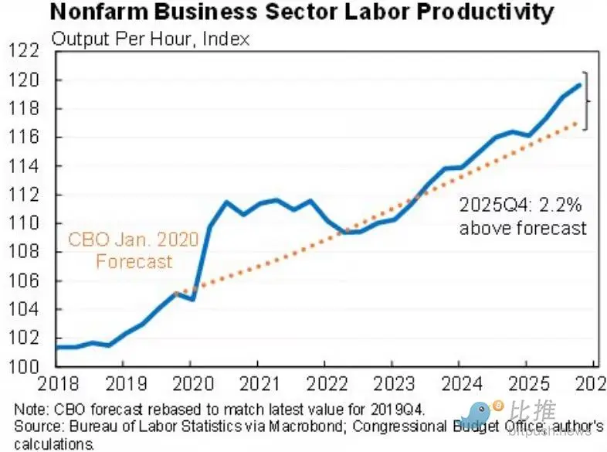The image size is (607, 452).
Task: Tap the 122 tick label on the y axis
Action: click(x=25, y=52)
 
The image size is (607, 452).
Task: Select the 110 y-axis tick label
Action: click(x=25, y=224)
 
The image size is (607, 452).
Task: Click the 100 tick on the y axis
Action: click(x=25, y=367)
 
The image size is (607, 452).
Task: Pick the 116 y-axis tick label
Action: click(x=25, y=138)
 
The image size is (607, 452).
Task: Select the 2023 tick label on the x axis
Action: click(x=392, y=384)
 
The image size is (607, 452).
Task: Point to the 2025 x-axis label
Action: click(x=526, y=384)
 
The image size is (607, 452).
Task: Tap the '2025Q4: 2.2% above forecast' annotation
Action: click(x=523, y=218)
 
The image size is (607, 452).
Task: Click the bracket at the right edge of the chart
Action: click(x=587, y=100)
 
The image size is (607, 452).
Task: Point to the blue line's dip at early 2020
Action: click(x=192, y=299)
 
